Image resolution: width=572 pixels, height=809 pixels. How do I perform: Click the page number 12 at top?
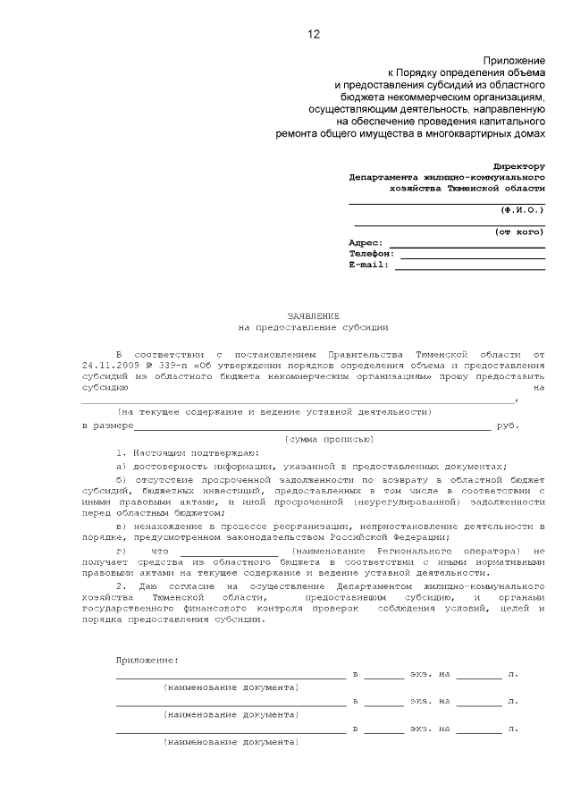coord(313,35)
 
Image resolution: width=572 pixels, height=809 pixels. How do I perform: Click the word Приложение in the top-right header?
coord(514,59)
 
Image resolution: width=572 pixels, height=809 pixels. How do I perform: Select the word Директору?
coord(519,166)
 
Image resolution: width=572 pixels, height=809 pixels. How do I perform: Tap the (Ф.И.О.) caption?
coord(522,209)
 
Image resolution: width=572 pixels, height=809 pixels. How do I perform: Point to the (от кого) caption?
coord(520,232)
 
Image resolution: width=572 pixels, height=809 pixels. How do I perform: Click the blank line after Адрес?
coord(467,244)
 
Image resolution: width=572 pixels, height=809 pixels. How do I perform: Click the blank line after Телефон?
coord(470,255)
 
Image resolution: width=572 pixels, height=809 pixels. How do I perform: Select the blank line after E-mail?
coord(470,265)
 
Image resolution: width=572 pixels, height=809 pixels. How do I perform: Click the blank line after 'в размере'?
coord(312,426)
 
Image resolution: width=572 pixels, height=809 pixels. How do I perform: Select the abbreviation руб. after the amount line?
coord(508,426)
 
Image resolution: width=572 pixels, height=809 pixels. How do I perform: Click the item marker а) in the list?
coord(122,467)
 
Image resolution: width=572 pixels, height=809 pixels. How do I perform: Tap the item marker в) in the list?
coord(122,527)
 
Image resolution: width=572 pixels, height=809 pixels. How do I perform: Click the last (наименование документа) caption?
coord(231,742)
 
